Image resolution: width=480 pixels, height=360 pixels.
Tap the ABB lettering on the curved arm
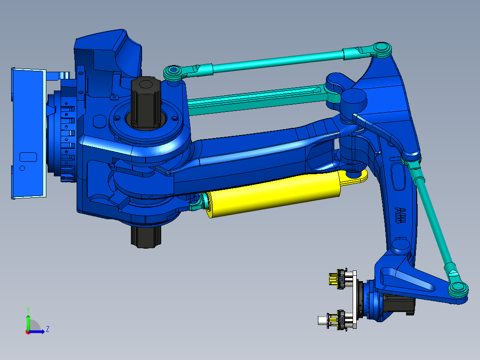click(400, 215)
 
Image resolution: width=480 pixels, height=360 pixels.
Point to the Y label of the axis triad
click(28, 309)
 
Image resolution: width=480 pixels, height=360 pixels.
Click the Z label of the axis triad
click(47, 329)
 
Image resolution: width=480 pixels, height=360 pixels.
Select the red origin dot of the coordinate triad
click(28, 331)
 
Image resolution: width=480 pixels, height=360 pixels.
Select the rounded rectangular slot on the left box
click(28, 156)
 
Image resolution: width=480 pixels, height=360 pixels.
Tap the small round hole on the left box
click(23, 168)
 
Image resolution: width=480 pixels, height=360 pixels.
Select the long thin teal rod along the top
click(276, 60)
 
